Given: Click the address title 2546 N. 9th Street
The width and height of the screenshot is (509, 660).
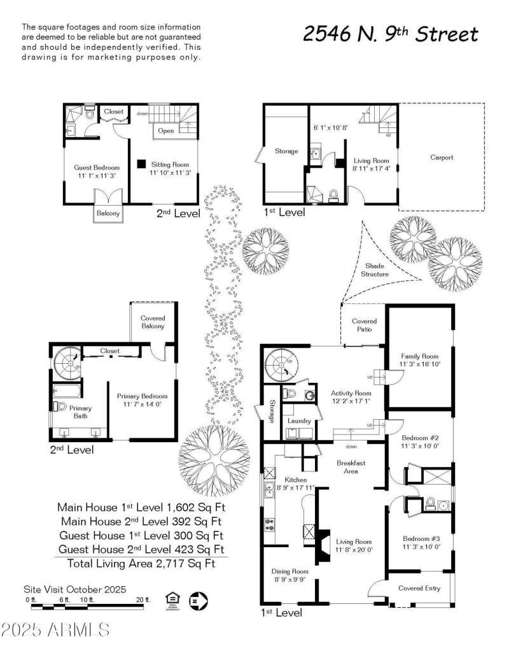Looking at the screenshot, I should [x=390, y=34].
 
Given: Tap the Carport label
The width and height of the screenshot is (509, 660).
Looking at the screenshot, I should [x=442, y=157].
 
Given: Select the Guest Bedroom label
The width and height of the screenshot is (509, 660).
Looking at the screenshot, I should [x=97, y=168].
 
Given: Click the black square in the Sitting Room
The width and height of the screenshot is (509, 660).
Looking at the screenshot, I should [x=141, y=163].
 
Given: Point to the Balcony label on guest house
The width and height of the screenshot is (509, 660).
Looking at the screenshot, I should [x=108, y=213].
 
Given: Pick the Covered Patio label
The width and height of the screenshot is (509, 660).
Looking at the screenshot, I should [x=364, y=325].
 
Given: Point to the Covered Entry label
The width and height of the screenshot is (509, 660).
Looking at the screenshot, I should [x=419, y=588].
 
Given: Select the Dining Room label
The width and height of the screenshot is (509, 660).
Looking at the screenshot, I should [x=289, y=571].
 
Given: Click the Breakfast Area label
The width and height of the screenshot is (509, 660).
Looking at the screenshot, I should [x=351, y=467].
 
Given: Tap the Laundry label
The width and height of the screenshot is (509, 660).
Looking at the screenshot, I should [x=298, y=421].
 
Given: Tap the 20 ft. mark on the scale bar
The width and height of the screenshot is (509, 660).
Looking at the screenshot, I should [x=144, y=599].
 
